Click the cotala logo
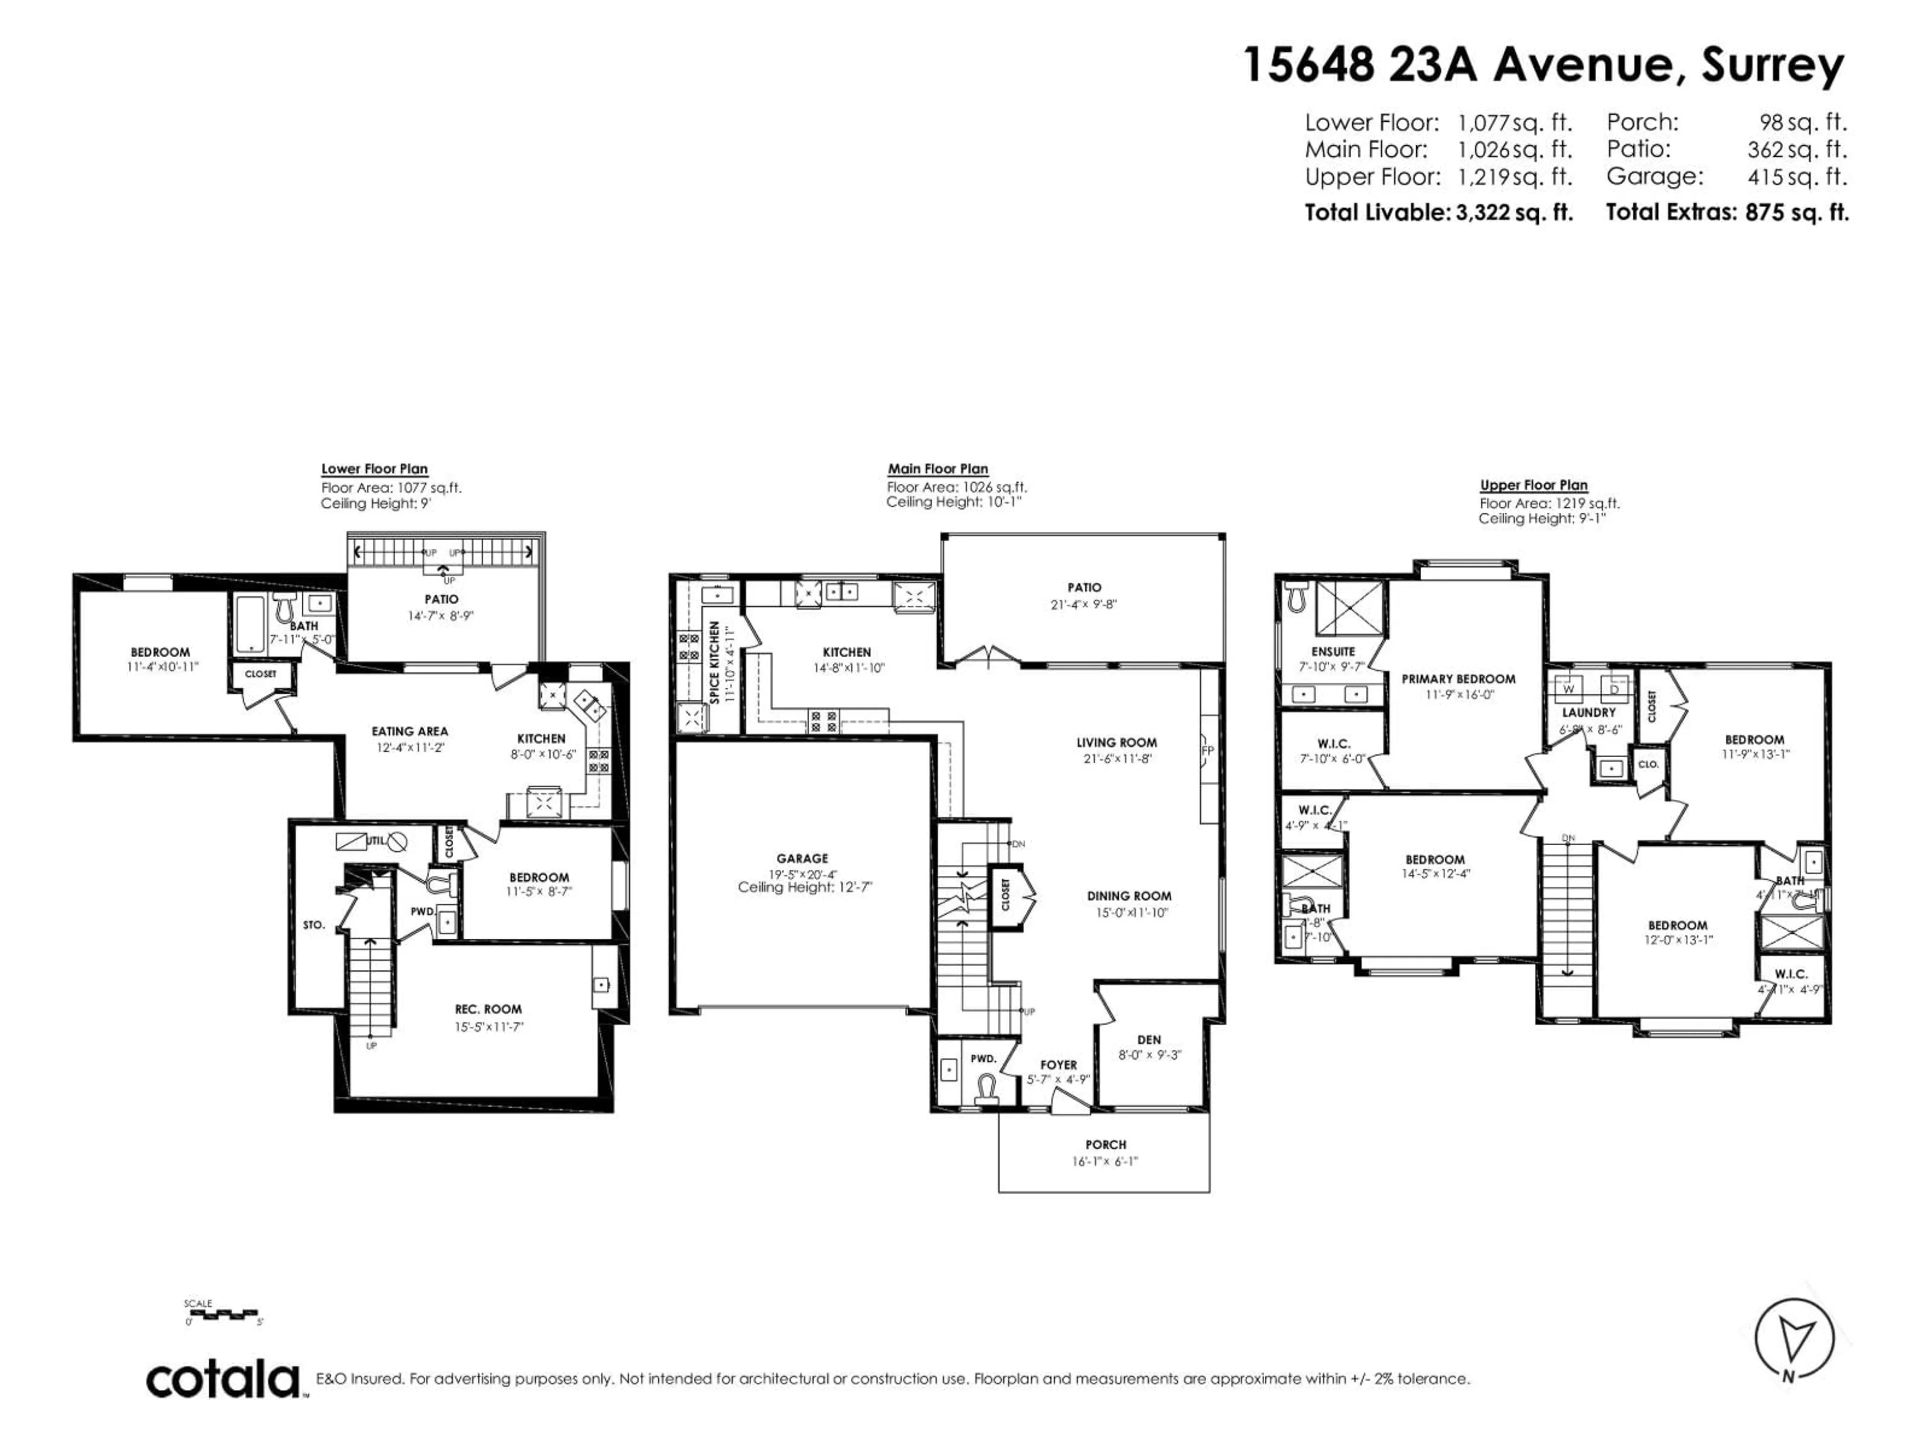223,1380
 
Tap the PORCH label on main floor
1105,1144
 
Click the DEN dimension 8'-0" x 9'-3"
1149,1054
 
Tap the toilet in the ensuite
1294,597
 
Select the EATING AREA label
409,732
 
